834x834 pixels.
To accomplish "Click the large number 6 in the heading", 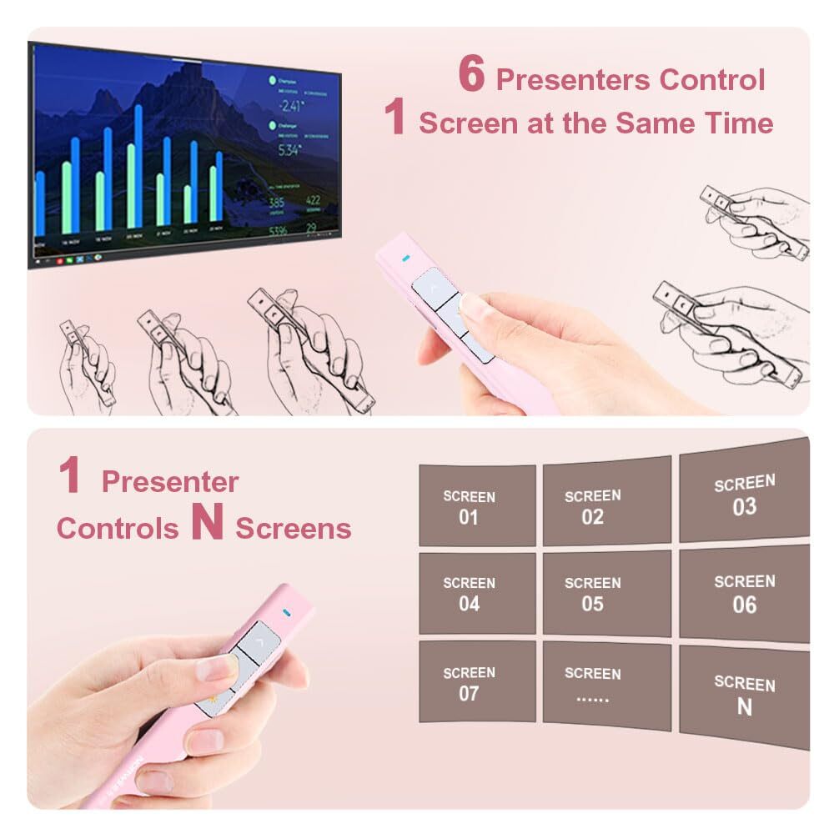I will click(472, 77).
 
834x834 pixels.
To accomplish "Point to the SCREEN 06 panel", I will click(744, 593).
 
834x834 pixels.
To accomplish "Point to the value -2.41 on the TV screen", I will click(291, 105).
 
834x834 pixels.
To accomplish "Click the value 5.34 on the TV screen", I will click(289, 150).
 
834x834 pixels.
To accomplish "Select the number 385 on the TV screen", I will click(276, 203).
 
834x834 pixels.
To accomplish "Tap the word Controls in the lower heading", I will click(118, 528).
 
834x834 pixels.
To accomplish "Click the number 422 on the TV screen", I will click(312, 200).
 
